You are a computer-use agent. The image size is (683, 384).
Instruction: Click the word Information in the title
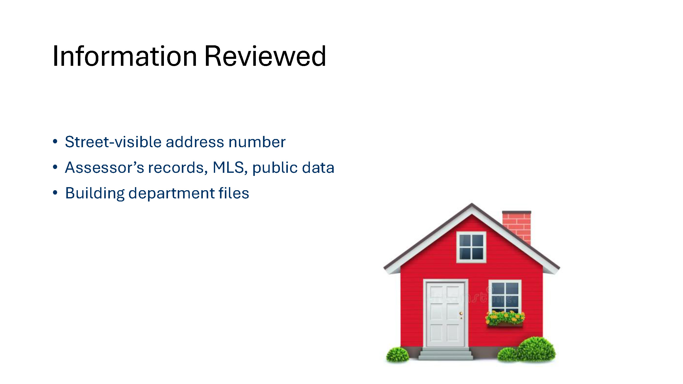[x=125, y=56]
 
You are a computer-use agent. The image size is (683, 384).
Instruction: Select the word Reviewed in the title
[x=265, y=56]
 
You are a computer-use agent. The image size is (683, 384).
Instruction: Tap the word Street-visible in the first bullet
[x=113, y=142]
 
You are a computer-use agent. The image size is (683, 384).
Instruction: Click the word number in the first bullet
[x=257, y=142]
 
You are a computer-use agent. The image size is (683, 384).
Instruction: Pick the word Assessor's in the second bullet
[x=104, y=167]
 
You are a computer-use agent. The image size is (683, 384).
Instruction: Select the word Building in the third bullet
[x=95, y=194]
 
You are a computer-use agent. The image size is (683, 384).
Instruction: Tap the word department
[x=172, y=194]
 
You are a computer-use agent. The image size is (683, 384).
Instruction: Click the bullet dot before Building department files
[x=55, y=193]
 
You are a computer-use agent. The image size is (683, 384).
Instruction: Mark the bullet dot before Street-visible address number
[x=55, y=141]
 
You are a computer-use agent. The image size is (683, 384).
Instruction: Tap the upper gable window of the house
[x=471, y=247]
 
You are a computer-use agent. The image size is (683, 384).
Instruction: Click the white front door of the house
[x=445, y=314]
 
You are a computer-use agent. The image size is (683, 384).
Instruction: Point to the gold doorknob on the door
[x=461, y=314]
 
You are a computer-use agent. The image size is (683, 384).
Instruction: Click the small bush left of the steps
[x=397, y=355]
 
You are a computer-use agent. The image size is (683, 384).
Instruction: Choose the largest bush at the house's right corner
[x=536, y=348]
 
